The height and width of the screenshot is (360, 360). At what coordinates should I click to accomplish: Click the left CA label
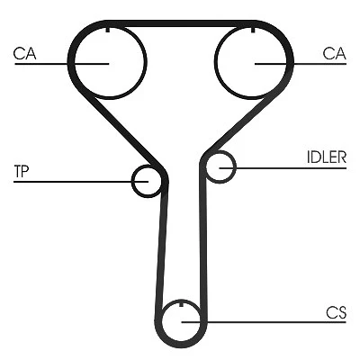pyautogui.click(x=24, y=53)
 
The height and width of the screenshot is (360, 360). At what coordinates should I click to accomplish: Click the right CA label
pyautogui.click(x=335, y=53)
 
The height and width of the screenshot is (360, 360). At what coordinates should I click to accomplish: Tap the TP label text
pyautogui.click(x=22, y=171)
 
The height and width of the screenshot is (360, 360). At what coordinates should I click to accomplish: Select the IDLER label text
pyautogui.click(x=327, y=157)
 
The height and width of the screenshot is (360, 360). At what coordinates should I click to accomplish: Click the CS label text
pyautogui.click(x=337, y=312)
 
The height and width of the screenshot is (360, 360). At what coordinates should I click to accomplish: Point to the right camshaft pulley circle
pyautogui.click(x=215, y=62)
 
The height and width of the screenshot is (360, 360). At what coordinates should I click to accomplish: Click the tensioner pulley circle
pyautogui.click(x=132, y=182)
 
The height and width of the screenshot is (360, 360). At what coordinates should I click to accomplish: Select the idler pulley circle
pyautogui.click(x=236, y=166)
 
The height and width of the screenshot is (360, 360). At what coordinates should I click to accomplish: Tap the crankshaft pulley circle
pyautogui.click(x=162, y=322)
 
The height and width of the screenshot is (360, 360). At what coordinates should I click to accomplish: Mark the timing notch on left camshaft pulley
pyautogui.click(x=108, y=30)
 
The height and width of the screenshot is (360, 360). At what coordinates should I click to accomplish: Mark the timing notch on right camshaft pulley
pyautogui.click(x=253, y=30)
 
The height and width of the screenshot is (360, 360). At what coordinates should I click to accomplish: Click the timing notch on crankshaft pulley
pyautogui.click(x=181, y=304)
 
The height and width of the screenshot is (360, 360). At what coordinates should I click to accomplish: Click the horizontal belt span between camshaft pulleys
pyautogui.click(x=180, y=23)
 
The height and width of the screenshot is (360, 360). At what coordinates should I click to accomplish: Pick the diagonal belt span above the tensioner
pyautogui.click(x=130, y=133)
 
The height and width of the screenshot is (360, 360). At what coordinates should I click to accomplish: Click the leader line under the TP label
pyautogui.click(x=81, y=182)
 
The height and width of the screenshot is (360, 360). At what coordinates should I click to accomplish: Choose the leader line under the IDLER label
pyautogui.click(x=283, y=168)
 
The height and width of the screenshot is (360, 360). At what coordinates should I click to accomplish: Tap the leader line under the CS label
pyautogui.click(x=264, y=322)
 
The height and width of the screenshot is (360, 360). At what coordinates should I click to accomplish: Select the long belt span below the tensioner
pyautogui.click(x=161, y=249)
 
